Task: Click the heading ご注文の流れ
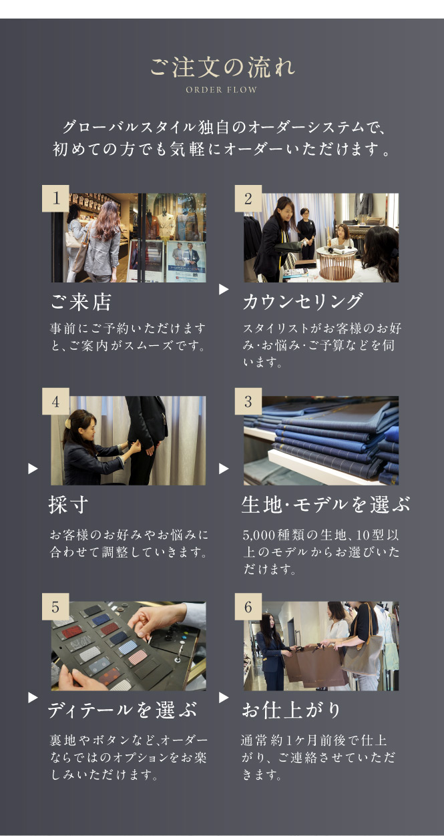point(222,67)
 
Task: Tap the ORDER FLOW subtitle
point(222,90)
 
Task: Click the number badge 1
point(55,198)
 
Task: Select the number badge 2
point(248,198)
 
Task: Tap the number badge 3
point(248,401)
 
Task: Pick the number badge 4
point(55,401)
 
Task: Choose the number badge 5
point(55,607)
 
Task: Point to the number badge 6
point(248,607)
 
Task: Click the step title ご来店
point(81,302)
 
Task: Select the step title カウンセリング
point(302,302)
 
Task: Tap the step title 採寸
point(69,505)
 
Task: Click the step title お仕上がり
point(291,710)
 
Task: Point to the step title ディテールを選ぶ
point(122,710)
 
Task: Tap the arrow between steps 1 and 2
point(224,289)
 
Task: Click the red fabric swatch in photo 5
point(72,632)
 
